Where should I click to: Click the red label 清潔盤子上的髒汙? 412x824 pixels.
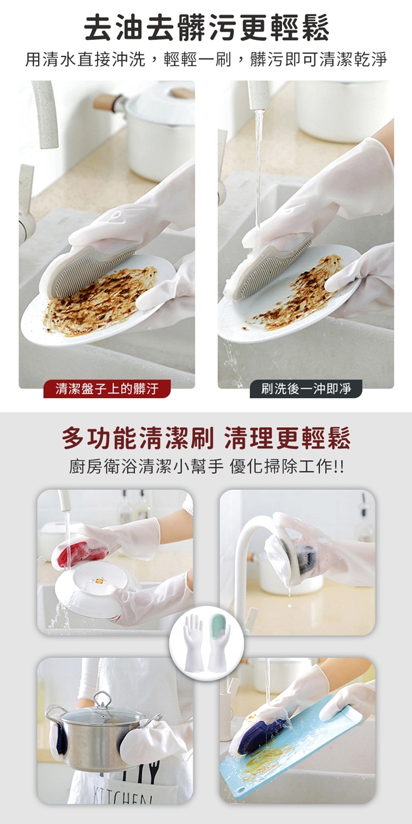(x=107, y=389)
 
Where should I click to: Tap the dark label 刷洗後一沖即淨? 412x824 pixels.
(x=306, y=389)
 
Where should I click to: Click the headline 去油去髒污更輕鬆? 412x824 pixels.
(x=206, y=28)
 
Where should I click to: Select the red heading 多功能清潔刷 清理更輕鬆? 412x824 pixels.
(x=206, y=438)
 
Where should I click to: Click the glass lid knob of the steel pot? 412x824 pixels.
(x=102, y=697)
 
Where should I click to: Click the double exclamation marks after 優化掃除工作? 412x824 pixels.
(x=340, y=467)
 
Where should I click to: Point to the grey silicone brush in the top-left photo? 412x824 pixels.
(x=92, y=271)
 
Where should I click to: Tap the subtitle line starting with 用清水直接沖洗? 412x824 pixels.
(x=206, y=59)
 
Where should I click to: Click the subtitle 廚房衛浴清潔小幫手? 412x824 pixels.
(x=146, y=467)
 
